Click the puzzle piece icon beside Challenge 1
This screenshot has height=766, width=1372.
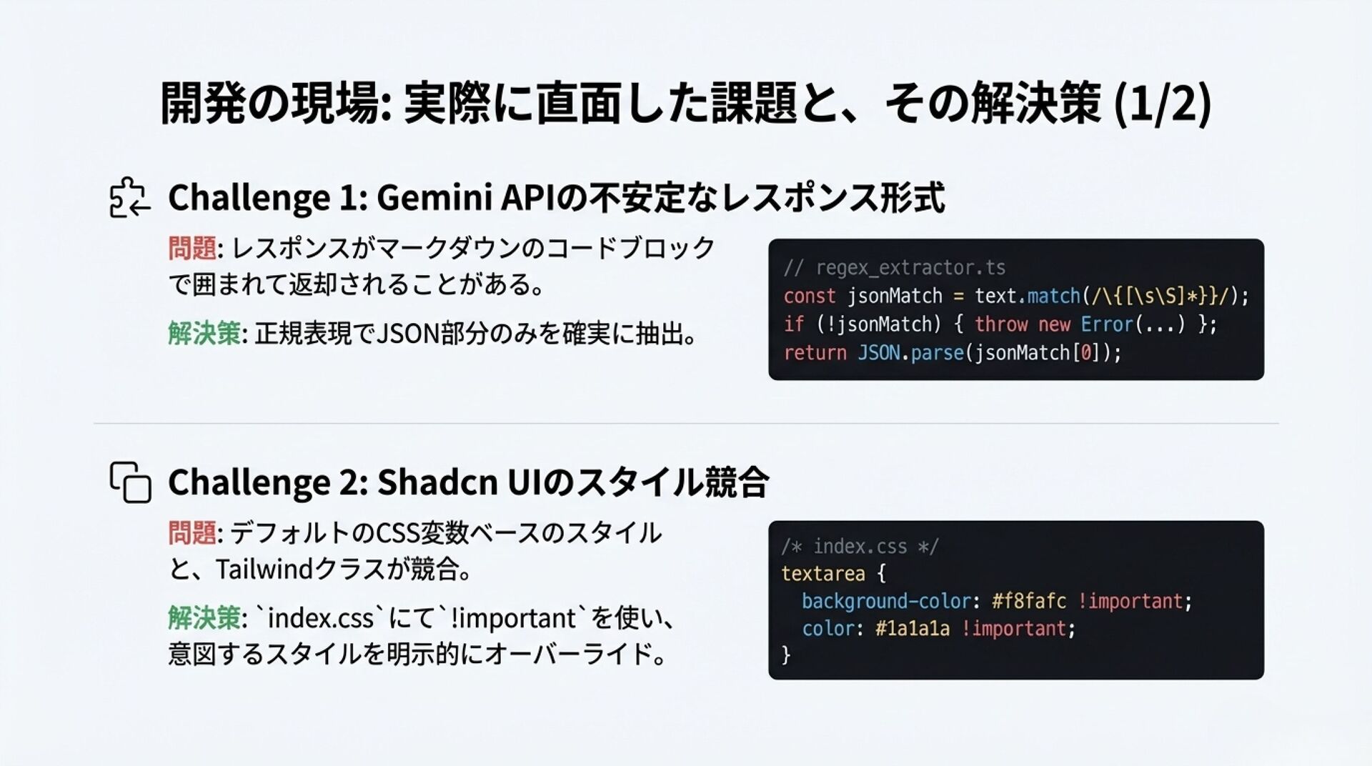(129, 197)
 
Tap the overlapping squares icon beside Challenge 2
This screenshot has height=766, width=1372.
(130, 482)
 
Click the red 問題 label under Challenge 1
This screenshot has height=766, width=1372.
(192, 248)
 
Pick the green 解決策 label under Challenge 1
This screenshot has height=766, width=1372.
(204, 334)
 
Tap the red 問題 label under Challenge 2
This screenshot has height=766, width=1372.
(192, 533)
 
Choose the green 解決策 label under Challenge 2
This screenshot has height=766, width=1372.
(204, 618)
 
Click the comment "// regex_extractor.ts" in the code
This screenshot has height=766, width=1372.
(894, 268)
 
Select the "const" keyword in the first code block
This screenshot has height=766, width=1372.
(809, 296)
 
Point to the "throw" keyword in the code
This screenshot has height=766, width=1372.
(1000, 324)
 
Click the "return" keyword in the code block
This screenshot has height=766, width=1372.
(815, 353)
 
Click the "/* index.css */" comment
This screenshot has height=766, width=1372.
(860, 547)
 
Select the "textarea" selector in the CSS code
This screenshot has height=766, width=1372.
(822, 574)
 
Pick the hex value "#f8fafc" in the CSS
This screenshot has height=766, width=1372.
(1028, 601)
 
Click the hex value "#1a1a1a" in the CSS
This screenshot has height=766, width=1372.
(913, 629)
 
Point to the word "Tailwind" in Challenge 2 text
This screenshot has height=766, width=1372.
(264, 569)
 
